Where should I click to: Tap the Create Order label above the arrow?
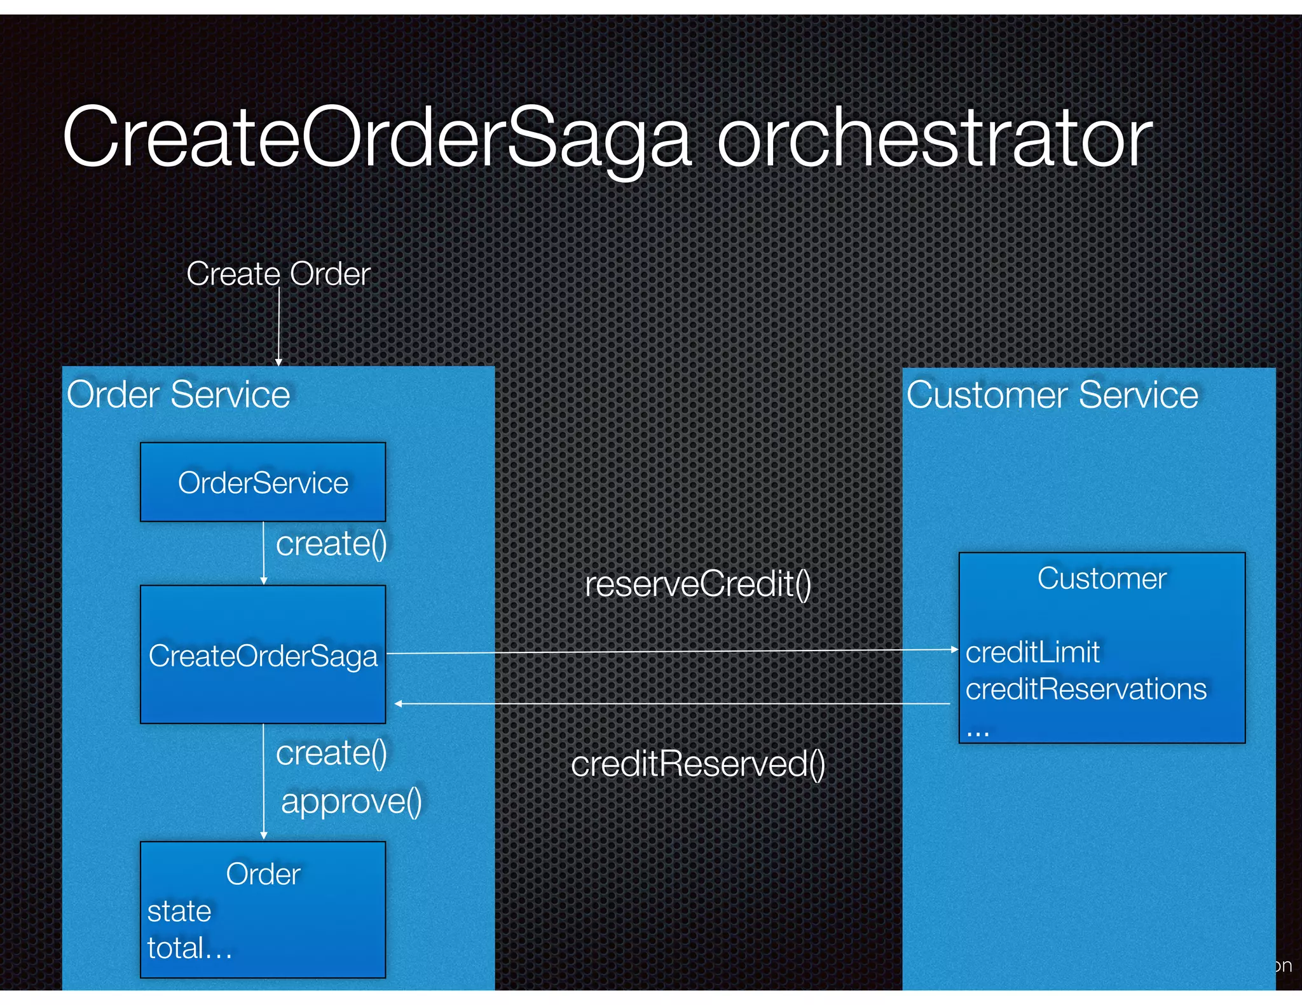(x=278, y=274)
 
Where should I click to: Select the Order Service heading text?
(x=179, y=395)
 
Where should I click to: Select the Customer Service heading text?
(x=1052, y=395)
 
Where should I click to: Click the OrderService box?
(x=263, y=482)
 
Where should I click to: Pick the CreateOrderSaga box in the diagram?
(x=263, y=655)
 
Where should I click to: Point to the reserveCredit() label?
(x=698, y=584)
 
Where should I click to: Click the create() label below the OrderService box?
(x=331, y=544)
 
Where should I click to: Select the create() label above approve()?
(x=331, y=753)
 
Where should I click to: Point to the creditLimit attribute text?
(x=1032, y=652)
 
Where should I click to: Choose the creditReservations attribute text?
(x=1086, y=689)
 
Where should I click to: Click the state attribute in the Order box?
(x=179, y=911)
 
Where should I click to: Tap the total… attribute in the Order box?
(x=189, y=948)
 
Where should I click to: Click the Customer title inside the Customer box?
(x=1102, y=579)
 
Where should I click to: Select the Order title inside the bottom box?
(x=263, y=874)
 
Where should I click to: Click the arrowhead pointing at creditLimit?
(x=954, y=649)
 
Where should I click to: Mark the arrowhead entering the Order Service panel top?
(x=278, y=362)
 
